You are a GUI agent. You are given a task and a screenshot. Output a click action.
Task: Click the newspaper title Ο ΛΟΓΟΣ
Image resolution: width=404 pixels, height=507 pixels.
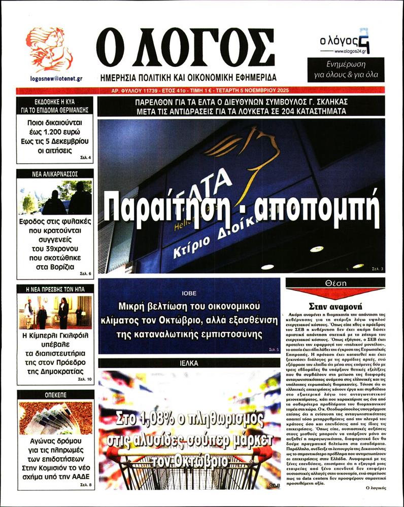(x=186, y=48)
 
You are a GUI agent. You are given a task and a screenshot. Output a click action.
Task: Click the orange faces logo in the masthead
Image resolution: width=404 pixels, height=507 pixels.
(x=49, y=49)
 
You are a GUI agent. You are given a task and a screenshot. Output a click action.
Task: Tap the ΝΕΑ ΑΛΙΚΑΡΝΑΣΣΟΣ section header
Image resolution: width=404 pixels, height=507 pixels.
(x=55, y=173)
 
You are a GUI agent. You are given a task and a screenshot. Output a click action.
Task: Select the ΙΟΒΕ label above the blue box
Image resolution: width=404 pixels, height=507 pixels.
(x=189, y=293)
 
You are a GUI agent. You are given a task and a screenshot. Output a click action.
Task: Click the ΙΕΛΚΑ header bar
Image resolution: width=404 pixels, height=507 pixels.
(x=189, y=363)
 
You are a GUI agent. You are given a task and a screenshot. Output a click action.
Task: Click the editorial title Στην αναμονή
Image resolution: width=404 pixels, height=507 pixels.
(x=335, y=306)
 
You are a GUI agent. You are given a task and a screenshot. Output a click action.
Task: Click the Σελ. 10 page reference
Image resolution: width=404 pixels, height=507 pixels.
(x=85, y=379)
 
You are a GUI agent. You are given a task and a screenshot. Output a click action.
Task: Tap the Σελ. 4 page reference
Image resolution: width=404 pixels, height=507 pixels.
(x=85, y=158)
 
